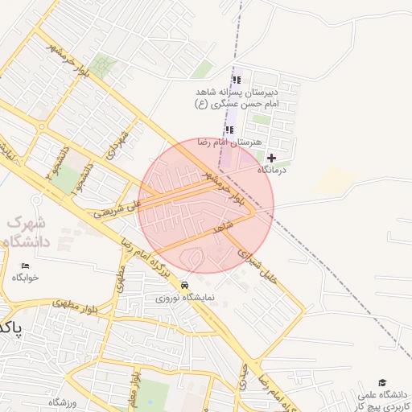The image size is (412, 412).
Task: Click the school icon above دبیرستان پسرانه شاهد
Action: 236,80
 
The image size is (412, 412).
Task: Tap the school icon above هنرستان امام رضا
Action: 229,130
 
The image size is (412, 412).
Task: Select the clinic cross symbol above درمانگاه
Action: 271,158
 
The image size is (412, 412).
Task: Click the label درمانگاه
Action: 273,171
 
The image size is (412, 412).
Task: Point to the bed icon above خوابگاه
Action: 25,266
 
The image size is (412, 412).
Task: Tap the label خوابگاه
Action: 25,278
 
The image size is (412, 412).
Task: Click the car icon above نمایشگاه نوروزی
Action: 185,285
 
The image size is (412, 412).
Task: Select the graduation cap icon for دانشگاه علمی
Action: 382,383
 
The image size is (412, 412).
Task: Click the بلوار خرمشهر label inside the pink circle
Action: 224,187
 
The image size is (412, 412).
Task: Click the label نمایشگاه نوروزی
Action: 185,298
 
